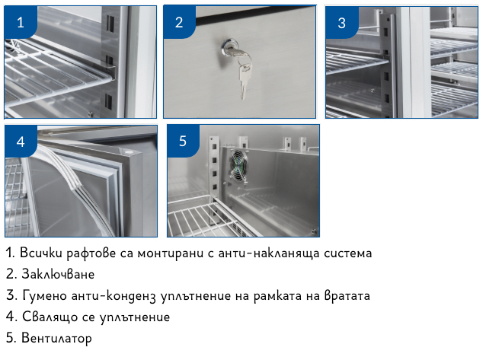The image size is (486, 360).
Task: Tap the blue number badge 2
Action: pos(179,22)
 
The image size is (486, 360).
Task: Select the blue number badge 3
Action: pos(341,23)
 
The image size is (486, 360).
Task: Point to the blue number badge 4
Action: pos(21,142)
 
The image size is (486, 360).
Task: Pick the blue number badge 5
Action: pos(183,141)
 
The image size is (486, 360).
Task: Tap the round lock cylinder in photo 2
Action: pos(229,47)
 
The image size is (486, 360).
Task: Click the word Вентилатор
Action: pos(56,338)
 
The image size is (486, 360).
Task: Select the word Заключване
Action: pos(58,274)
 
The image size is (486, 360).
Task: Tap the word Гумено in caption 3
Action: pos(45,295)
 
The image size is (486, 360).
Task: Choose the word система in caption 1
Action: pos(348,253)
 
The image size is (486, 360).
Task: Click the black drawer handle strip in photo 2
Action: pos(255,19)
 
